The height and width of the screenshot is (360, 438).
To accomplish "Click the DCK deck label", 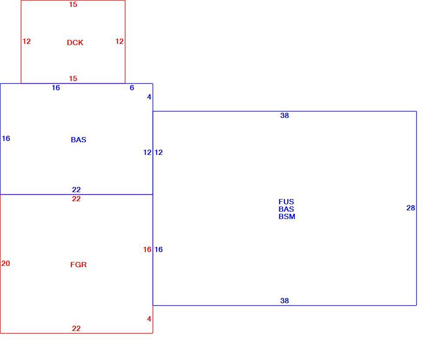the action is (75, 43).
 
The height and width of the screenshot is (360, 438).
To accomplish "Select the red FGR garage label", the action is (78, 265).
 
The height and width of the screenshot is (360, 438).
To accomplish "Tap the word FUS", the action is (286, 202).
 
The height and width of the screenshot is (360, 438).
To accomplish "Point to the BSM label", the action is (287, 216).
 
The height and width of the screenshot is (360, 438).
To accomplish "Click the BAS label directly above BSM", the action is (286, 209).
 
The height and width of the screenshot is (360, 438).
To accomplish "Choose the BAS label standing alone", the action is (78, 140).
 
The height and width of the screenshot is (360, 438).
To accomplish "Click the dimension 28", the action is (411, 208).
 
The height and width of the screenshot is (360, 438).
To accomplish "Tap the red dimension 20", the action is (6, 263).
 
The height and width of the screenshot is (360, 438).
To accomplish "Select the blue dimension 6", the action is (132, 88).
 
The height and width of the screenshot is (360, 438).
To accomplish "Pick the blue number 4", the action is (149, 97).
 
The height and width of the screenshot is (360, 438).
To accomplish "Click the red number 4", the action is (149, 319).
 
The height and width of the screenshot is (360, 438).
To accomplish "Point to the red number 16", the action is (147, 249).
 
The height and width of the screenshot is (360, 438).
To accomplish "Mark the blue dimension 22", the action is (76, 190).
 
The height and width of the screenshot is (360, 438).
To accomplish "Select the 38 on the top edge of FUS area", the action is (284, 115).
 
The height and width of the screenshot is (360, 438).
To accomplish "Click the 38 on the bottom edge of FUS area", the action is (284, 301).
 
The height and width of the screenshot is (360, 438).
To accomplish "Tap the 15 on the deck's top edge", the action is (73, 4).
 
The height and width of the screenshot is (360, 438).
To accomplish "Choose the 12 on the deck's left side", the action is (26, 41).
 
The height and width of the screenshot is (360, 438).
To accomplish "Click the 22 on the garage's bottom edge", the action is (76, 328).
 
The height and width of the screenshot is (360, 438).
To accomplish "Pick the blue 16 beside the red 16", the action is (159, 249).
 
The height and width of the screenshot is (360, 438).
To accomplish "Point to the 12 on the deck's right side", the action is (120, 41).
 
